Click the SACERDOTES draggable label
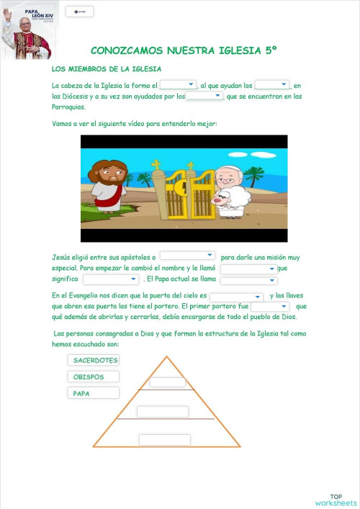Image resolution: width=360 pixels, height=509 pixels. pyautogui.click(x=94, y=360)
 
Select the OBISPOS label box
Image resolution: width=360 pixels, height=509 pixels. pyautogui.click(x=94, y=377)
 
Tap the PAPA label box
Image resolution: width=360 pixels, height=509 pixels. pyautogui.click(x=94, y=393)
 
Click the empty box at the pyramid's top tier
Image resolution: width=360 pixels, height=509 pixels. pyautogui.click(x=168, y=382)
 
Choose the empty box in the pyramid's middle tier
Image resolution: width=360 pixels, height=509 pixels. pyautogui.click(x=162, y=412)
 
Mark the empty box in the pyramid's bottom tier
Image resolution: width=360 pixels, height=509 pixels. pyautogui.click(x=164, y=440)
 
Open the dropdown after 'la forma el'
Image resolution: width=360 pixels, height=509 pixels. pyautogui.click(x=178, y=85)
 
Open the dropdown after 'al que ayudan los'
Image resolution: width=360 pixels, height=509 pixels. pyautogui.click(x=272, y=85)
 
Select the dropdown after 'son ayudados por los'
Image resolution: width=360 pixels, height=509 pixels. pyautogui.click(x=204, y=96)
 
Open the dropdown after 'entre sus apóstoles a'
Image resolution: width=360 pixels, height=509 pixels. pyautogui.click(x=187, y=256)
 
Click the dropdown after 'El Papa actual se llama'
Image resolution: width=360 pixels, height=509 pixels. pyautogui.click(x=248, y=280)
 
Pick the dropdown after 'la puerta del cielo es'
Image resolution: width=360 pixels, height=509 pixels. pyautogui.click(x=236, y=297)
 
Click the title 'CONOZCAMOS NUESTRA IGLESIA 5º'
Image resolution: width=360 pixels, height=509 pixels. pyautogui.click(x=184, y=50)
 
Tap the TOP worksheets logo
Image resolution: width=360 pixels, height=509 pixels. pyautogui.click(x=336, y=500)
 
